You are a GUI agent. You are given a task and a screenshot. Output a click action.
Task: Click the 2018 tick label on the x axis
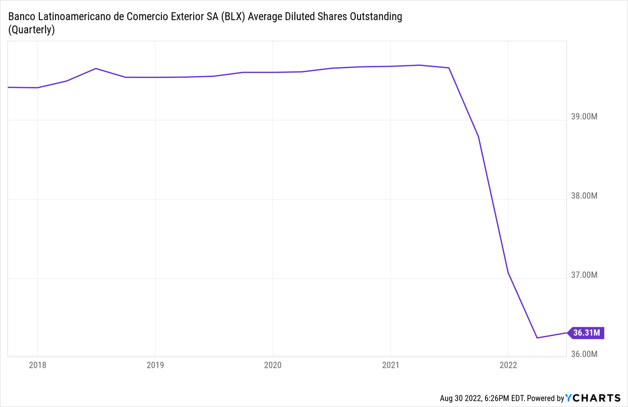pyautogui.click(x=37, y=365)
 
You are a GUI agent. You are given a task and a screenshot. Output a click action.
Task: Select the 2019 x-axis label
pyautogui.click(x=155, y=365)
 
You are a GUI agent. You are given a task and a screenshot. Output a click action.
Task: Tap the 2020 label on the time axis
pyautogui.click(x=273, y=365)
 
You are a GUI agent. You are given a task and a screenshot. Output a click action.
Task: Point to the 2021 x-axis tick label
pyautogui.click(x=391, y=365)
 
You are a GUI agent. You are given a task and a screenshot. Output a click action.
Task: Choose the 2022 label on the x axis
pyautogui.click(x=508, y=365)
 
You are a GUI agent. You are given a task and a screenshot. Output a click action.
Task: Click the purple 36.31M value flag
pyautogui.click(x=587, y=333)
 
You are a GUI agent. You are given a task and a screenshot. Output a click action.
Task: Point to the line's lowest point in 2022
pyautogui.click(x=537, y=338)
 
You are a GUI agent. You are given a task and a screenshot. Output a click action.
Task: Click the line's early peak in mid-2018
pyautogui.click(x=96, y=68)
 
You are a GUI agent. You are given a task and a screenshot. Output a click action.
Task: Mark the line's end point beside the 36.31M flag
pyautogui.click(x=567, y=333)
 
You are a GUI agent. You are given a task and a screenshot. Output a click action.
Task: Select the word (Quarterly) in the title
pyautogui.click(x=31, y=30)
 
